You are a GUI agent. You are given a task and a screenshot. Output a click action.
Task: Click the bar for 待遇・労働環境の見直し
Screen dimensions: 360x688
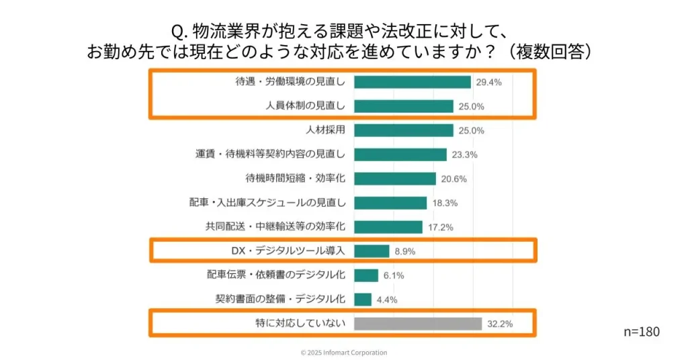click(412, 82)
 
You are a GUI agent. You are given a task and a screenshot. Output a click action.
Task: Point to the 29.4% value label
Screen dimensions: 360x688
click(489, 82)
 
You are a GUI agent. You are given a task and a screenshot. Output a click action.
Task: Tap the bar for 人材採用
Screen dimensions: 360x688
click(403, 130)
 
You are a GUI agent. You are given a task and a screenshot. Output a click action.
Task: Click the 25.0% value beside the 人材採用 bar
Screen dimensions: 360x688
click(472, 130)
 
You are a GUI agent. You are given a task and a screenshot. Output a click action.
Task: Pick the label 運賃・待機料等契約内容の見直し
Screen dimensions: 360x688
click(270, 154)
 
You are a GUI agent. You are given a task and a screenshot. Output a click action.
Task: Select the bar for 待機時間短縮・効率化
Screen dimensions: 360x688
click(394, 179)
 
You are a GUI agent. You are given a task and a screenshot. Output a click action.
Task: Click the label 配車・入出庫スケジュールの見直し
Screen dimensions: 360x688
click(267, 203)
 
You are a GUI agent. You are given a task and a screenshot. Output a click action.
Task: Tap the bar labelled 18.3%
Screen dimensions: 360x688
click(390, 203)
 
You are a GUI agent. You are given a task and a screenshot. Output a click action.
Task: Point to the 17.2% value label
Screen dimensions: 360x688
click(441, 227)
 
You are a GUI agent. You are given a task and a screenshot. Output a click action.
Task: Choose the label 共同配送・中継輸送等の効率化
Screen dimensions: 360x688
click(275, 227)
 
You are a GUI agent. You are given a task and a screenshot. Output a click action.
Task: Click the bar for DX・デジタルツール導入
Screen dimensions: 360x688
click(371, 251)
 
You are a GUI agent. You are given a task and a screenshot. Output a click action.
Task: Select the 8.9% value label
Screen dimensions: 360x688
click(405, 251)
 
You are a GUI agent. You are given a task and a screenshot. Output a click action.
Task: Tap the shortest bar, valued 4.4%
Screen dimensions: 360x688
click(362, 300)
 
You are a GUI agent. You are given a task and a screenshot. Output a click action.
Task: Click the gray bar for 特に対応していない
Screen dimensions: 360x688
click(417, 324)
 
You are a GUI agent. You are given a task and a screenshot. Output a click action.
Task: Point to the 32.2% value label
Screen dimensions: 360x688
click(501, 324)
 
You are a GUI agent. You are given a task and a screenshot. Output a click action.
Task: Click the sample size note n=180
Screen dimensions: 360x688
click(641, 332)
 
